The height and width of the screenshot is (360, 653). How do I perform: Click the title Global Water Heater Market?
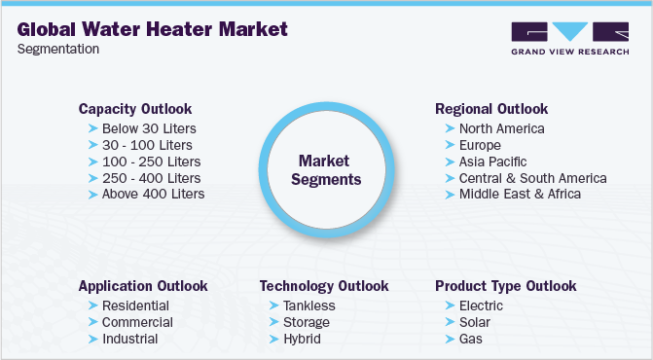pos(152,29)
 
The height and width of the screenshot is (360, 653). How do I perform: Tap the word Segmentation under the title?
pos(57,50)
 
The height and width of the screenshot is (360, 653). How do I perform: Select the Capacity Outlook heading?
pos(135,109)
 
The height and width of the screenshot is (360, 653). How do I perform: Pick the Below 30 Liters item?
pos(149,128)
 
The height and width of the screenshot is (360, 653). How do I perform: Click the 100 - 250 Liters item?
pos(151,162)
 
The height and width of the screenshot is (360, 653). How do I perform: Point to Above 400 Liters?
pos(153,194)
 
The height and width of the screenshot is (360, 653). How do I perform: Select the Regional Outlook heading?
pos(491,109)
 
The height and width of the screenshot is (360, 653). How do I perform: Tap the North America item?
pos(502,128)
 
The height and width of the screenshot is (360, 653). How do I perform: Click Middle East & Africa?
pos(520,194)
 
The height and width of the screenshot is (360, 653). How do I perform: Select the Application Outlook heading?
pos(143,286)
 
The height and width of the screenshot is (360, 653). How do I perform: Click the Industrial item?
pos(129,339)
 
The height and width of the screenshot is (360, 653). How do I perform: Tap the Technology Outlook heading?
pos(324,286)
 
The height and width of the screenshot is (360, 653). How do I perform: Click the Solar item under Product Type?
pos(475,322)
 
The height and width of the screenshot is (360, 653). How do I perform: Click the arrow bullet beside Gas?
pos(449,339)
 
